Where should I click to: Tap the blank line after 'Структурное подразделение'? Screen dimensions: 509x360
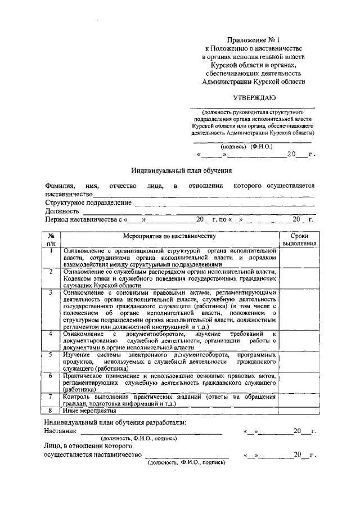[224, 203]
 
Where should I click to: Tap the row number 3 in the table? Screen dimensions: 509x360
[51, 292]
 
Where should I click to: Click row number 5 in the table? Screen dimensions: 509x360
[51, 355]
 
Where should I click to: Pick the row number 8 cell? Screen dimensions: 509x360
[51, 411]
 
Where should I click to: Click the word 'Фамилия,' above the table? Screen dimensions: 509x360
[59, 186]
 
